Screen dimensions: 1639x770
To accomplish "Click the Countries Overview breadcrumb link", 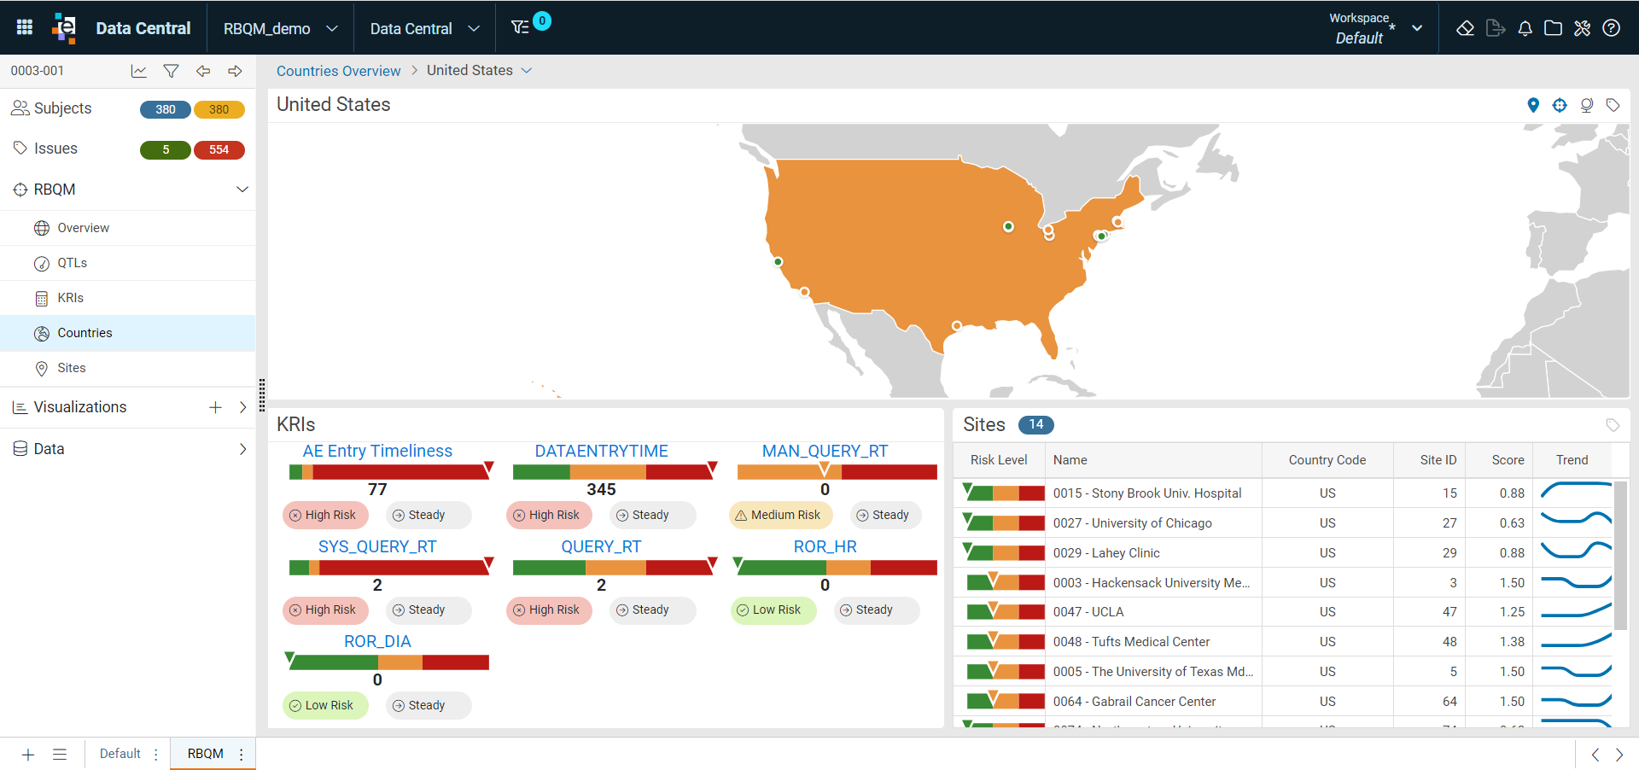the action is coord(338,71).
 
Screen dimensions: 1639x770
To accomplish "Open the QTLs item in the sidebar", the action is coord(72,263).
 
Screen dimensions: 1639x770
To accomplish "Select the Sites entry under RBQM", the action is coord(71,368).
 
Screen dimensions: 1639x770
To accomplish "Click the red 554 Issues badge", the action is coord(219,149).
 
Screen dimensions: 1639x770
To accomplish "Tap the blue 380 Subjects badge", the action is coord(166,109).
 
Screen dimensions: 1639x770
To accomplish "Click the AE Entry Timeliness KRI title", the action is coord(377,451).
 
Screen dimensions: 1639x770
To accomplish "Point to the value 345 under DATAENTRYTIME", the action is coord(601,489).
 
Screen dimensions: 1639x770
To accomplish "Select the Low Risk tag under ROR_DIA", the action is coord(325,705).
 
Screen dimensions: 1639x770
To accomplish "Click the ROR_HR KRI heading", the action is coord(825,546).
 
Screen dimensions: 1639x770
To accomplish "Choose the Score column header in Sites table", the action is coord(1508,460).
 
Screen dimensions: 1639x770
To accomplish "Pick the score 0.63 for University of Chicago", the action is coord(1512,523).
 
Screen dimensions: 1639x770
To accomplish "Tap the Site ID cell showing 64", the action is coord(1449,702).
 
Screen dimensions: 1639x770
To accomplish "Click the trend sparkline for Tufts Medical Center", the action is coord(1576,641).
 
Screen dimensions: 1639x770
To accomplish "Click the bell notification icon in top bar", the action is coord(1525,28).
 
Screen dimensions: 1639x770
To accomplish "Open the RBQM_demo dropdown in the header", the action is coord(280,28).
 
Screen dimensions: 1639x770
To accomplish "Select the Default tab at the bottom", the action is coord(120,754).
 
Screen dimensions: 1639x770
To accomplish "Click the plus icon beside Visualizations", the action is coord(215,407).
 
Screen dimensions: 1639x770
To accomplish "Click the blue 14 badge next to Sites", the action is coord(1035,424).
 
